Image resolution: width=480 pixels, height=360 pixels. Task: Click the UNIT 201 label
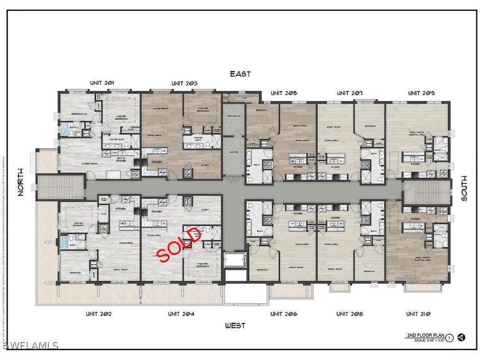point(102,83)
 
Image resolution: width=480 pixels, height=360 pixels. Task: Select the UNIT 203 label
point(185,83)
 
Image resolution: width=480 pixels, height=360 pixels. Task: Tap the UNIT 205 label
point(283,93)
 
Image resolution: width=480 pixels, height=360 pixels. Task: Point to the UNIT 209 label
point(421,93)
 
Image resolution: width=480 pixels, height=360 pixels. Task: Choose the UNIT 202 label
point(98,314)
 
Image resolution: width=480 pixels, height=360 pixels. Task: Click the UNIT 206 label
point(283,314)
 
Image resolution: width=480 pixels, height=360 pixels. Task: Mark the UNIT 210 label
point(418,314)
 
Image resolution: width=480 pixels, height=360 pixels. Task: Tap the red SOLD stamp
point(180,244)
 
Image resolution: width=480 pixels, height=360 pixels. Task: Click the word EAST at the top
point(240,74)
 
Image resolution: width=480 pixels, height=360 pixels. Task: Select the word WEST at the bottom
point(235,326)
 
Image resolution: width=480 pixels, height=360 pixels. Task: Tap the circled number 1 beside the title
point(449,338)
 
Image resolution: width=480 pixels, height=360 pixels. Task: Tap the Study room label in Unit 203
point(205,165)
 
